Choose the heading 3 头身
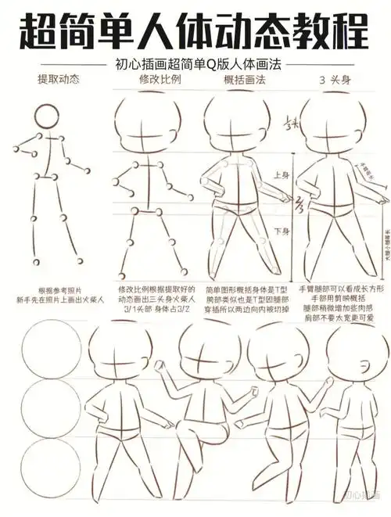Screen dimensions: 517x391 point(334,81)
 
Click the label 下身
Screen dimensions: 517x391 point(282,231)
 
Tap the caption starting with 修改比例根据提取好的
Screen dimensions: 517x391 point(154,295)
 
